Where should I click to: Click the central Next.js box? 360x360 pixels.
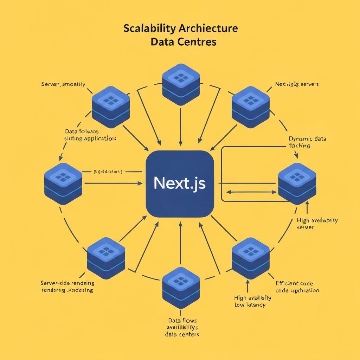tap(180, 184)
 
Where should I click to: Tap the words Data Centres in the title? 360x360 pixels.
tap(183, 42)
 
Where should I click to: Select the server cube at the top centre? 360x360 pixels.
tap(181, 84)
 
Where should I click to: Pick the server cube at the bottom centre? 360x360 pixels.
tap(181, 288)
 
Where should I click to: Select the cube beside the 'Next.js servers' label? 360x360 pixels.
tap(251, 107)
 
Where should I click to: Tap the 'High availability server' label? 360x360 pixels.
tap(317, 224)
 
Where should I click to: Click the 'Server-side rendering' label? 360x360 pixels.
tap(67, 287)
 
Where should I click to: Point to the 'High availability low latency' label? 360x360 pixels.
tap(252, 301)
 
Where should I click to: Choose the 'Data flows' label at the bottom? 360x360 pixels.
tap(182, 327)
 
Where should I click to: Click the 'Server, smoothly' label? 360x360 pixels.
tap(63, 84)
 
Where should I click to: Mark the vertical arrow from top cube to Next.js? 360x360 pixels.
tap(180, 127)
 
